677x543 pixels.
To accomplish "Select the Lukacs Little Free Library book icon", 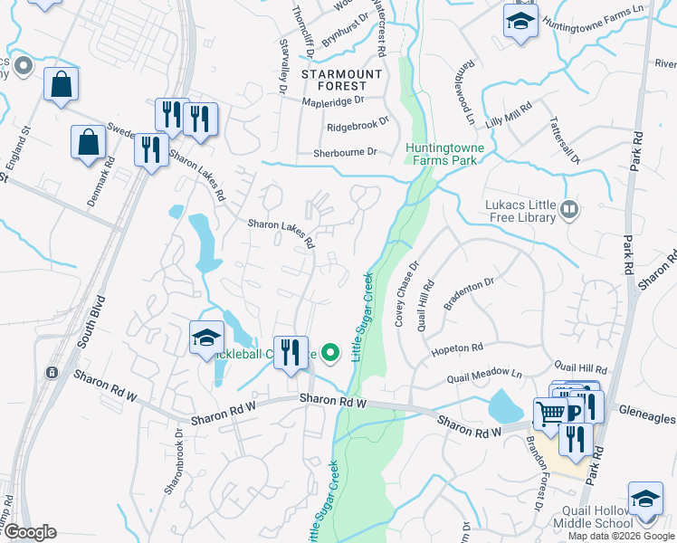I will coord(568,211).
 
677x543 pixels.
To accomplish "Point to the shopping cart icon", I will coord(549,414).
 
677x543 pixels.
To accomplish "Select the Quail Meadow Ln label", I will coord(491,375).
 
